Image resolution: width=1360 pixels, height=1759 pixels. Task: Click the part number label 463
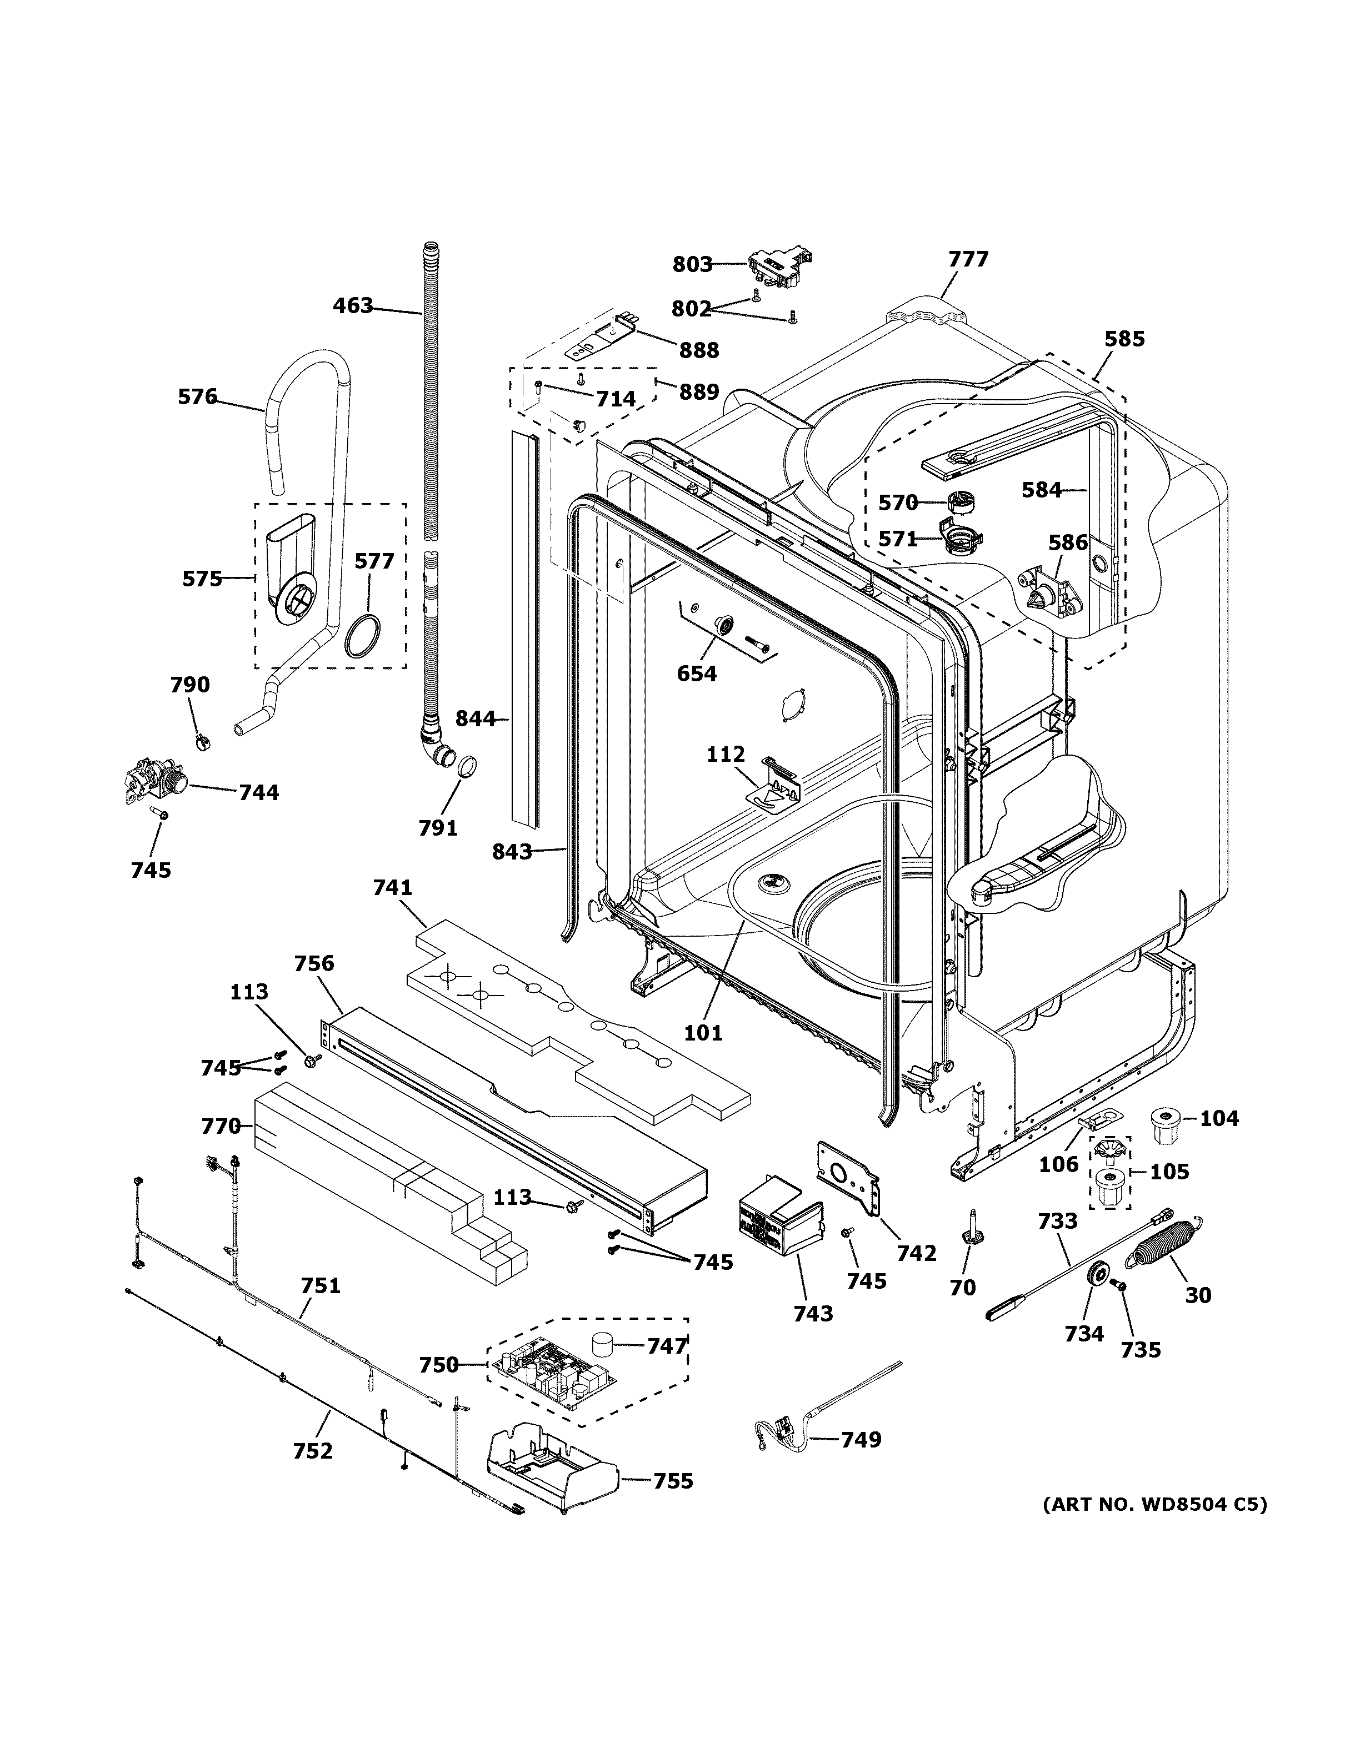[x=353, y=306]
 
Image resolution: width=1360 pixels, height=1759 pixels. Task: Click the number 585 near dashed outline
[x=1124, y=339]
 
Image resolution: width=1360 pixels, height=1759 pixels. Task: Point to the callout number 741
[x=392, y=888]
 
